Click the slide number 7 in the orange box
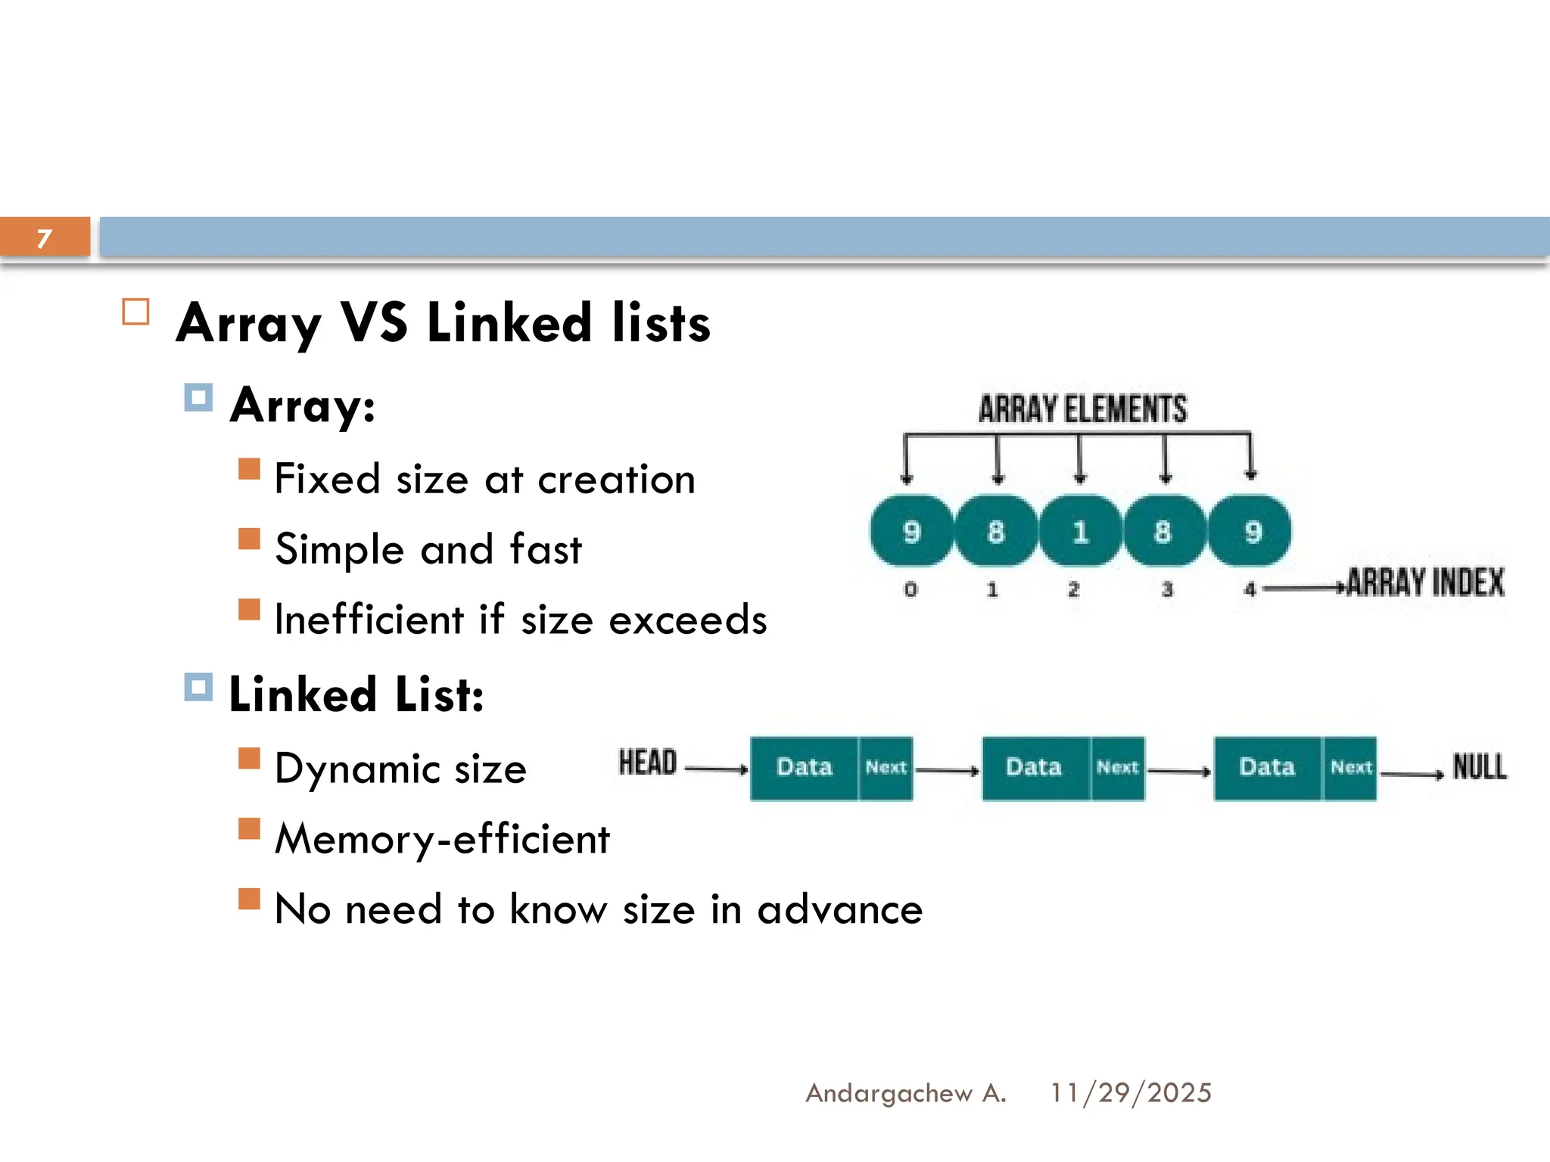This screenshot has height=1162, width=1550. (45, 238)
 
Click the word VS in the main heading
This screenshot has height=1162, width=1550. (374, 323)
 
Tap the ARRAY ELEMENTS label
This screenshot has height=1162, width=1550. (1082, 409)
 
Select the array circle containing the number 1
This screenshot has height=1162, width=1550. (1080, 531)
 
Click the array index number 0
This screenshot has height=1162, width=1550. (910, 589)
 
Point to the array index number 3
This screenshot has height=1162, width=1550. (1167, 589)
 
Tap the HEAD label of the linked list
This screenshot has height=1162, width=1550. (647, 763)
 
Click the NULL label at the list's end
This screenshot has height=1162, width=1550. (1480, 767)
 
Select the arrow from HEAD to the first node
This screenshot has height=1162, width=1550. (716, 769)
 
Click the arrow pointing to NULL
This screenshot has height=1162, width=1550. (1412, 774)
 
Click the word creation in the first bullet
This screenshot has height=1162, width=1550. (616, 480)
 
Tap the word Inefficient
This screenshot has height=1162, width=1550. (369, 620)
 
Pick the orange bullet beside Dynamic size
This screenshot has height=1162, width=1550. (249, 758)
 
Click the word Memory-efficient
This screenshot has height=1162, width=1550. (442, 839)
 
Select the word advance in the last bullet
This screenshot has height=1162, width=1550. (840, 909)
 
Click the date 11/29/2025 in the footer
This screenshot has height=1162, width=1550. (1131, 1093)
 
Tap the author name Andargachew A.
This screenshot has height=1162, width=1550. (905, 1093)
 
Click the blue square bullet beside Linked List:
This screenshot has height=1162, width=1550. (198, 687)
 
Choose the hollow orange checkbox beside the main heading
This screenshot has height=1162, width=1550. (136, 312)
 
